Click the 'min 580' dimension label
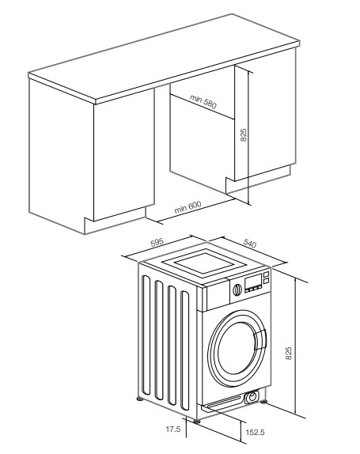pos(203,101)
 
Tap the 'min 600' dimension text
pos(188,207)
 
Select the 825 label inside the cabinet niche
pos(244,135)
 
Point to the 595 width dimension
pos(157,242)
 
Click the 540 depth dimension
pos(250,244)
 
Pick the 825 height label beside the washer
pos(289,353)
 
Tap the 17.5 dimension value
pos(173,429)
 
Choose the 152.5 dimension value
pos(255,433)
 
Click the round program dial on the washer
pos(237,289)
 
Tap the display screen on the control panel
pos(253,282)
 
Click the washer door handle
pos(260,340)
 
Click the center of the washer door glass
pos(237,348)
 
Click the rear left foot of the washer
pos(140,399)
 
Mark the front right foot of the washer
pos(263,402)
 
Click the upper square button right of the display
pos(266,274)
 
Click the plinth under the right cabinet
pos(258,180)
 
